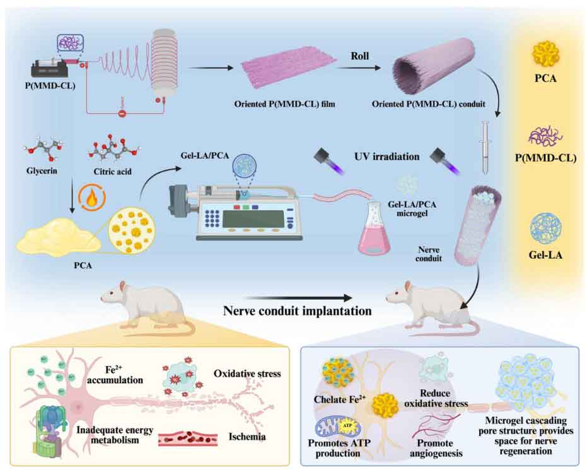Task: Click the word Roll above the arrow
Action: coord(360,55)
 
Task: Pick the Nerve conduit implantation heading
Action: coord(296,310)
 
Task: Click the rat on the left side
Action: coord(146,306)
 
